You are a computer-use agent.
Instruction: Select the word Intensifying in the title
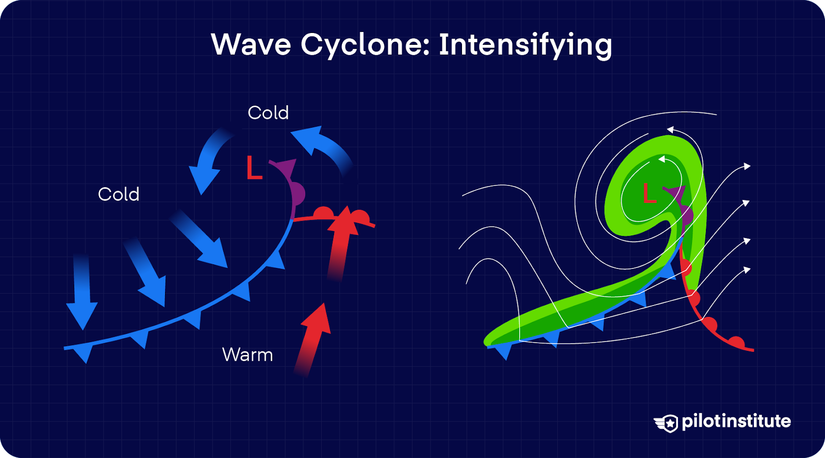[525, 45]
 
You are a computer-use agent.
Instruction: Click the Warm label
[247, 355]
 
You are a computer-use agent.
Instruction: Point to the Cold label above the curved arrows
[268, 113]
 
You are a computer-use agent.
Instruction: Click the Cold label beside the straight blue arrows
[119, 194]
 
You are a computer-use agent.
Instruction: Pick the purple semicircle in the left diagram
[299, 195]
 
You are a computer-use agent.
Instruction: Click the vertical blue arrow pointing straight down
[81, 291]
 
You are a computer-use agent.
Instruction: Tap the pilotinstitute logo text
[736, 421]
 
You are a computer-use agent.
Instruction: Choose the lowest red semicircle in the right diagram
[737, 342]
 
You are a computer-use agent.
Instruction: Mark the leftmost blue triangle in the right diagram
[503, 351]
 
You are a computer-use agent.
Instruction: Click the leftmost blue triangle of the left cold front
[83, 353]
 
